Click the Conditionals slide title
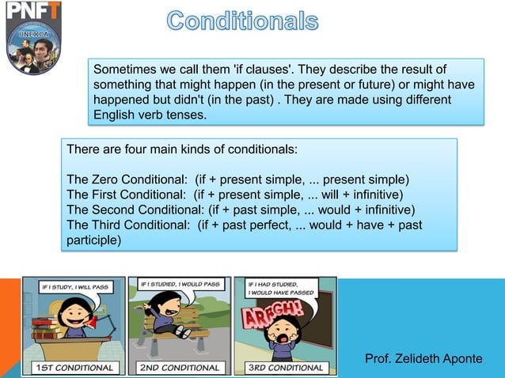242,21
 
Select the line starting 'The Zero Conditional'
237,179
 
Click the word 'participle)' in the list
94,240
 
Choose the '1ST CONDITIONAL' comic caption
74,367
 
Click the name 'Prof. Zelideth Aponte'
423,359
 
